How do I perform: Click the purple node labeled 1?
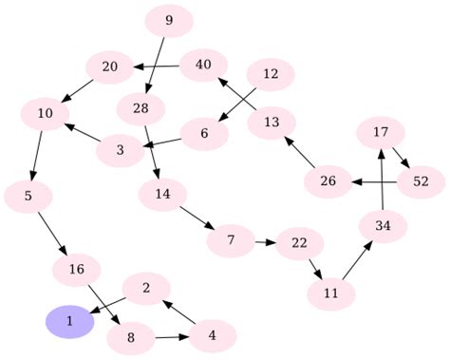click(x=69, y=322)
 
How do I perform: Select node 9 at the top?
click(x=169, y=20)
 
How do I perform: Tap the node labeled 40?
click(x=202, y=65)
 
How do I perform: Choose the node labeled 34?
click(x=384, y=226)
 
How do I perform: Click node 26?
click(x=328, y=180)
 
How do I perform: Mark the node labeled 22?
click(x=299, y=243)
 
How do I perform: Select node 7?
click(x=231, y=241)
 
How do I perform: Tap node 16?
click(x=77, y=271)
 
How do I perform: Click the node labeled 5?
click(x=28, y=197)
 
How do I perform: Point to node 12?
click(x=271, y=74)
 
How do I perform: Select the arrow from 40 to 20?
click(x=156, y=66)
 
